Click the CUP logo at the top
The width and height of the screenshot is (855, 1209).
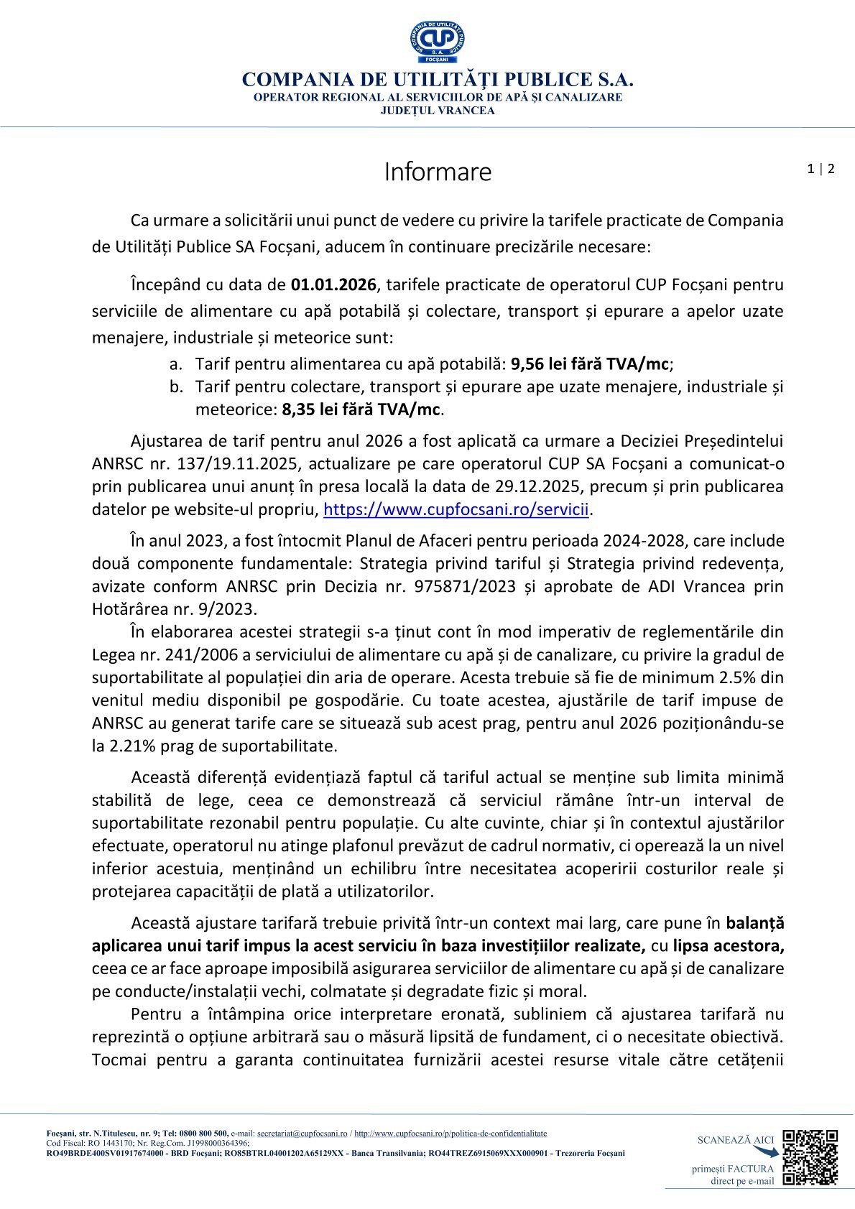[437, 42]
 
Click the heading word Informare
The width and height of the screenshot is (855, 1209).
[438, 172]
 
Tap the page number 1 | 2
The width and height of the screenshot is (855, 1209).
[821, 170]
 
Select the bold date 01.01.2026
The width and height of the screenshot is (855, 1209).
[333, 285]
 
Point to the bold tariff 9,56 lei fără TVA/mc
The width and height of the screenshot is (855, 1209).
[591, 364]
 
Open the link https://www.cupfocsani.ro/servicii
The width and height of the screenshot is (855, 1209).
[456, 510]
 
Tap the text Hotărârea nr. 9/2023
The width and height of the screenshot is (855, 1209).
[173, 609]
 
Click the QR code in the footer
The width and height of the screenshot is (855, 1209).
[810, 1157]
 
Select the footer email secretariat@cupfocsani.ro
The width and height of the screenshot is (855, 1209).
[302, 1134]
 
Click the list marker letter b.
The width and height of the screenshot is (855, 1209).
[176, 387]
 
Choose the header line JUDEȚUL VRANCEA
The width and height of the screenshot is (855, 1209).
[437, 111]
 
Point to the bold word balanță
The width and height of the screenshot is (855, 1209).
[755, 923]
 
